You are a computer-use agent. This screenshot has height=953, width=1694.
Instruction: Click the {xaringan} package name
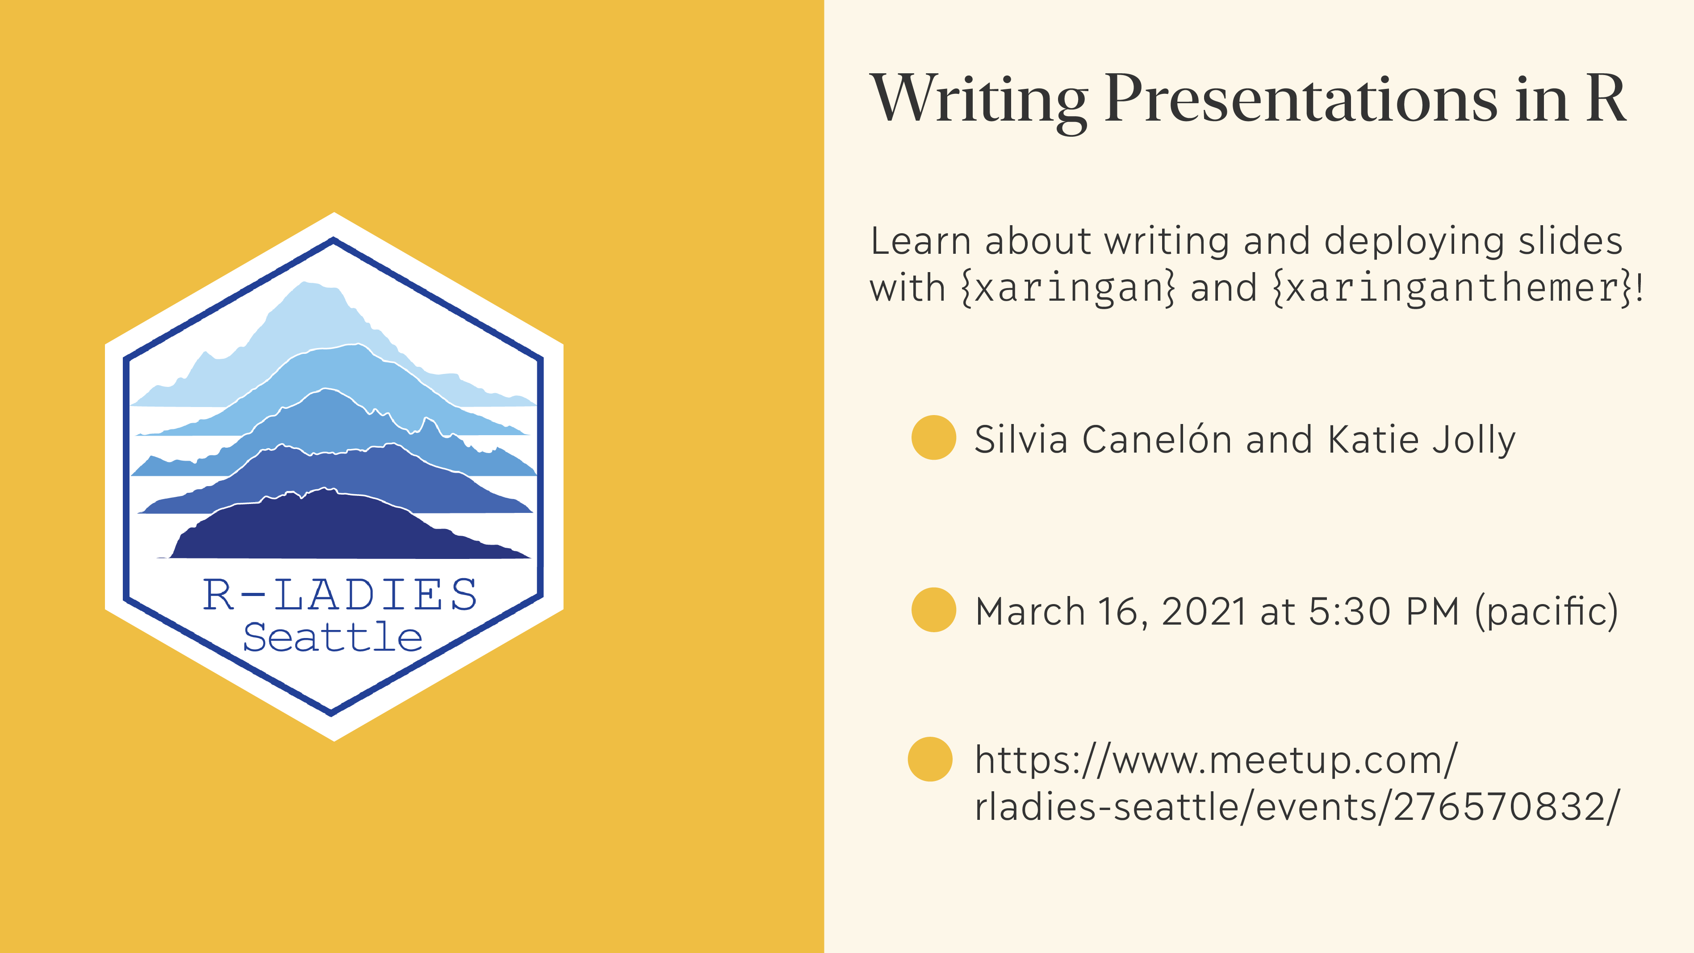tap(1068, 288)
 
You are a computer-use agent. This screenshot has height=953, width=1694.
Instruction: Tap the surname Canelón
tap(1157, 439)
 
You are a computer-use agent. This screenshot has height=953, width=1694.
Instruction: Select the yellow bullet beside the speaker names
tap(933, 437)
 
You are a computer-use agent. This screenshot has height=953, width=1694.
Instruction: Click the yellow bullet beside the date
tap(933, 610)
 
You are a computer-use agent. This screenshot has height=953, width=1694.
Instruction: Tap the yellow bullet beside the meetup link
tap(930, 759)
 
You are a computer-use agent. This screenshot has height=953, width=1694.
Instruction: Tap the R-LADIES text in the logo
tap(339, 595)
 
